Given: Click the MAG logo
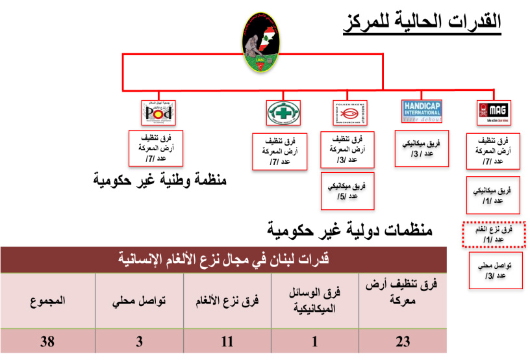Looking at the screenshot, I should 493,112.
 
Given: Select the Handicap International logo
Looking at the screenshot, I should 422,111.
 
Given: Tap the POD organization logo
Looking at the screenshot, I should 159,112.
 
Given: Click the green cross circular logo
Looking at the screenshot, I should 284,112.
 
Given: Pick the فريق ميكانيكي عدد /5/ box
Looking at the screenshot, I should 348,190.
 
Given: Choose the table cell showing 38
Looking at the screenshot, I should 47,340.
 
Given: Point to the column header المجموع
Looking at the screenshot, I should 47,300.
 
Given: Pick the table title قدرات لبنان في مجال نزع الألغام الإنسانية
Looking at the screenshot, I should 223,260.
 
